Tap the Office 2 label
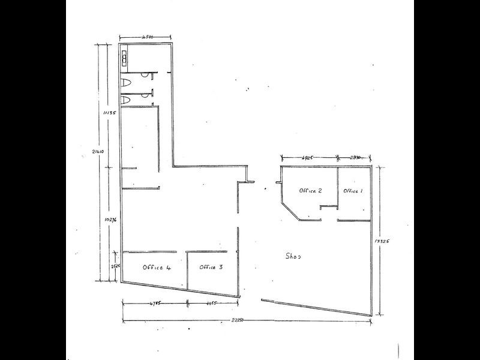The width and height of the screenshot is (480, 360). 311,191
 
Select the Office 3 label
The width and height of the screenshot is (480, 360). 211,267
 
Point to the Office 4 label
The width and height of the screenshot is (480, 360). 157,268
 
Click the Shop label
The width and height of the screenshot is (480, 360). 292,256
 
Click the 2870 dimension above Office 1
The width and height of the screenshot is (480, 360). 355,158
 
